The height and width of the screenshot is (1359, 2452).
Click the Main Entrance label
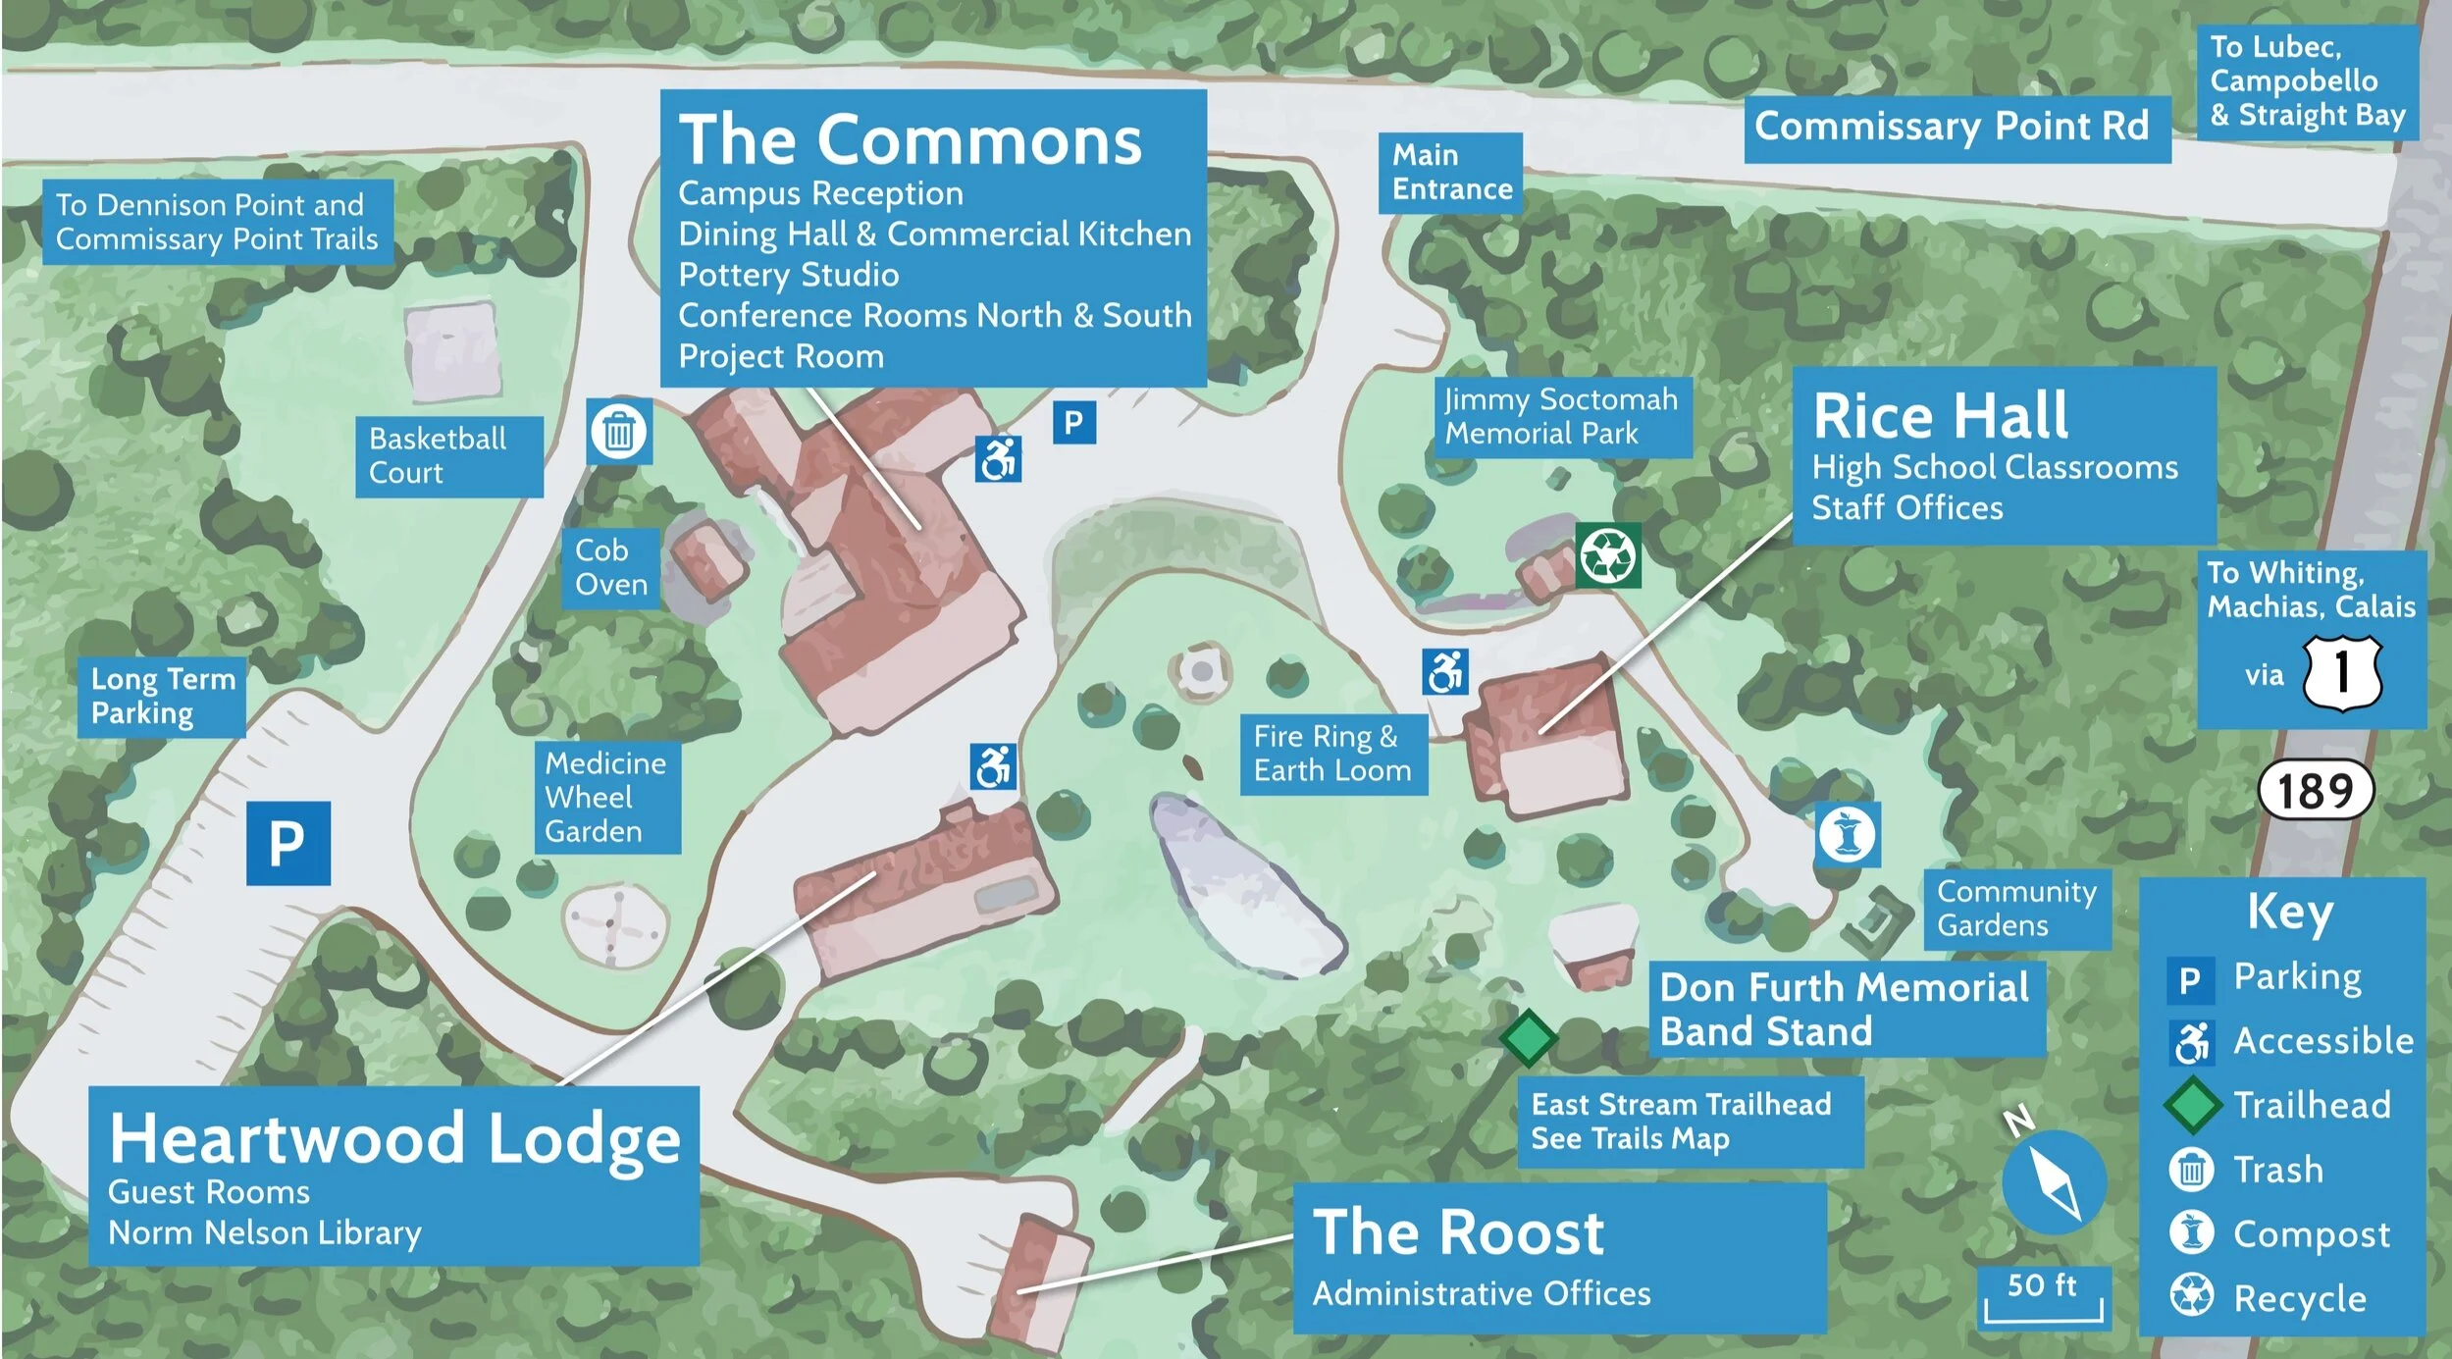(1450, 173)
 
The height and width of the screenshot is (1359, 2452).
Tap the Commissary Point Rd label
(1956, 128)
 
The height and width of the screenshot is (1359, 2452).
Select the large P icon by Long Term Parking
(287, 843)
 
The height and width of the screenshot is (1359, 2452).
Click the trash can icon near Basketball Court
(619, 431)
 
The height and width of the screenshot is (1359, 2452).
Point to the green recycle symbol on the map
(1608, 555)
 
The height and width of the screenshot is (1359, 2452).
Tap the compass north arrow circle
(2054, 1182)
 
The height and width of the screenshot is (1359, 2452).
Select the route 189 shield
(2315, 791)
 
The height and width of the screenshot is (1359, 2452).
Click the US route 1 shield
(2342, 673)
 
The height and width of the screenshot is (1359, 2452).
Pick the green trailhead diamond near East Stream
(1528, 1037)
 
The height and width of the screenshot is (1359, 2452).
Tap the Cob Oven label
(611, 567)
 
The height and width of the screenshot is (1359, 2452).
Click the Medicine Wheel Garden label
(606, 797)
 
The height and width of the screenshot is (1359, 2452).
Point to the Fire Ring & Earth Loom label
(1332, 754)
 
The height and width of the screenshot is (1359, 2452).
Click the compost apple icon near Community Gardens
(1847, 835)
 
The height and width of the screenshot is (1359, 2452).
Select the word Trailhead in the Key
(2312, 1105)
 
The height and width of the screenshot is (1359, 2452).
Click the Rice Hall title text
(1940, 416)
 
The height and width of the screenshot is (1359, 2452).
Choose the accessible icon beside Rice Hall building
(1444, 672)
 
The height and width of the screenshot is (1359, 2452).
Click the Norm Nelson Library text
(265, 1232)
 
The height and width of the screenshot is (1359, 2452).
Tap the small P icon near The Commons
(1073, 423)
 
